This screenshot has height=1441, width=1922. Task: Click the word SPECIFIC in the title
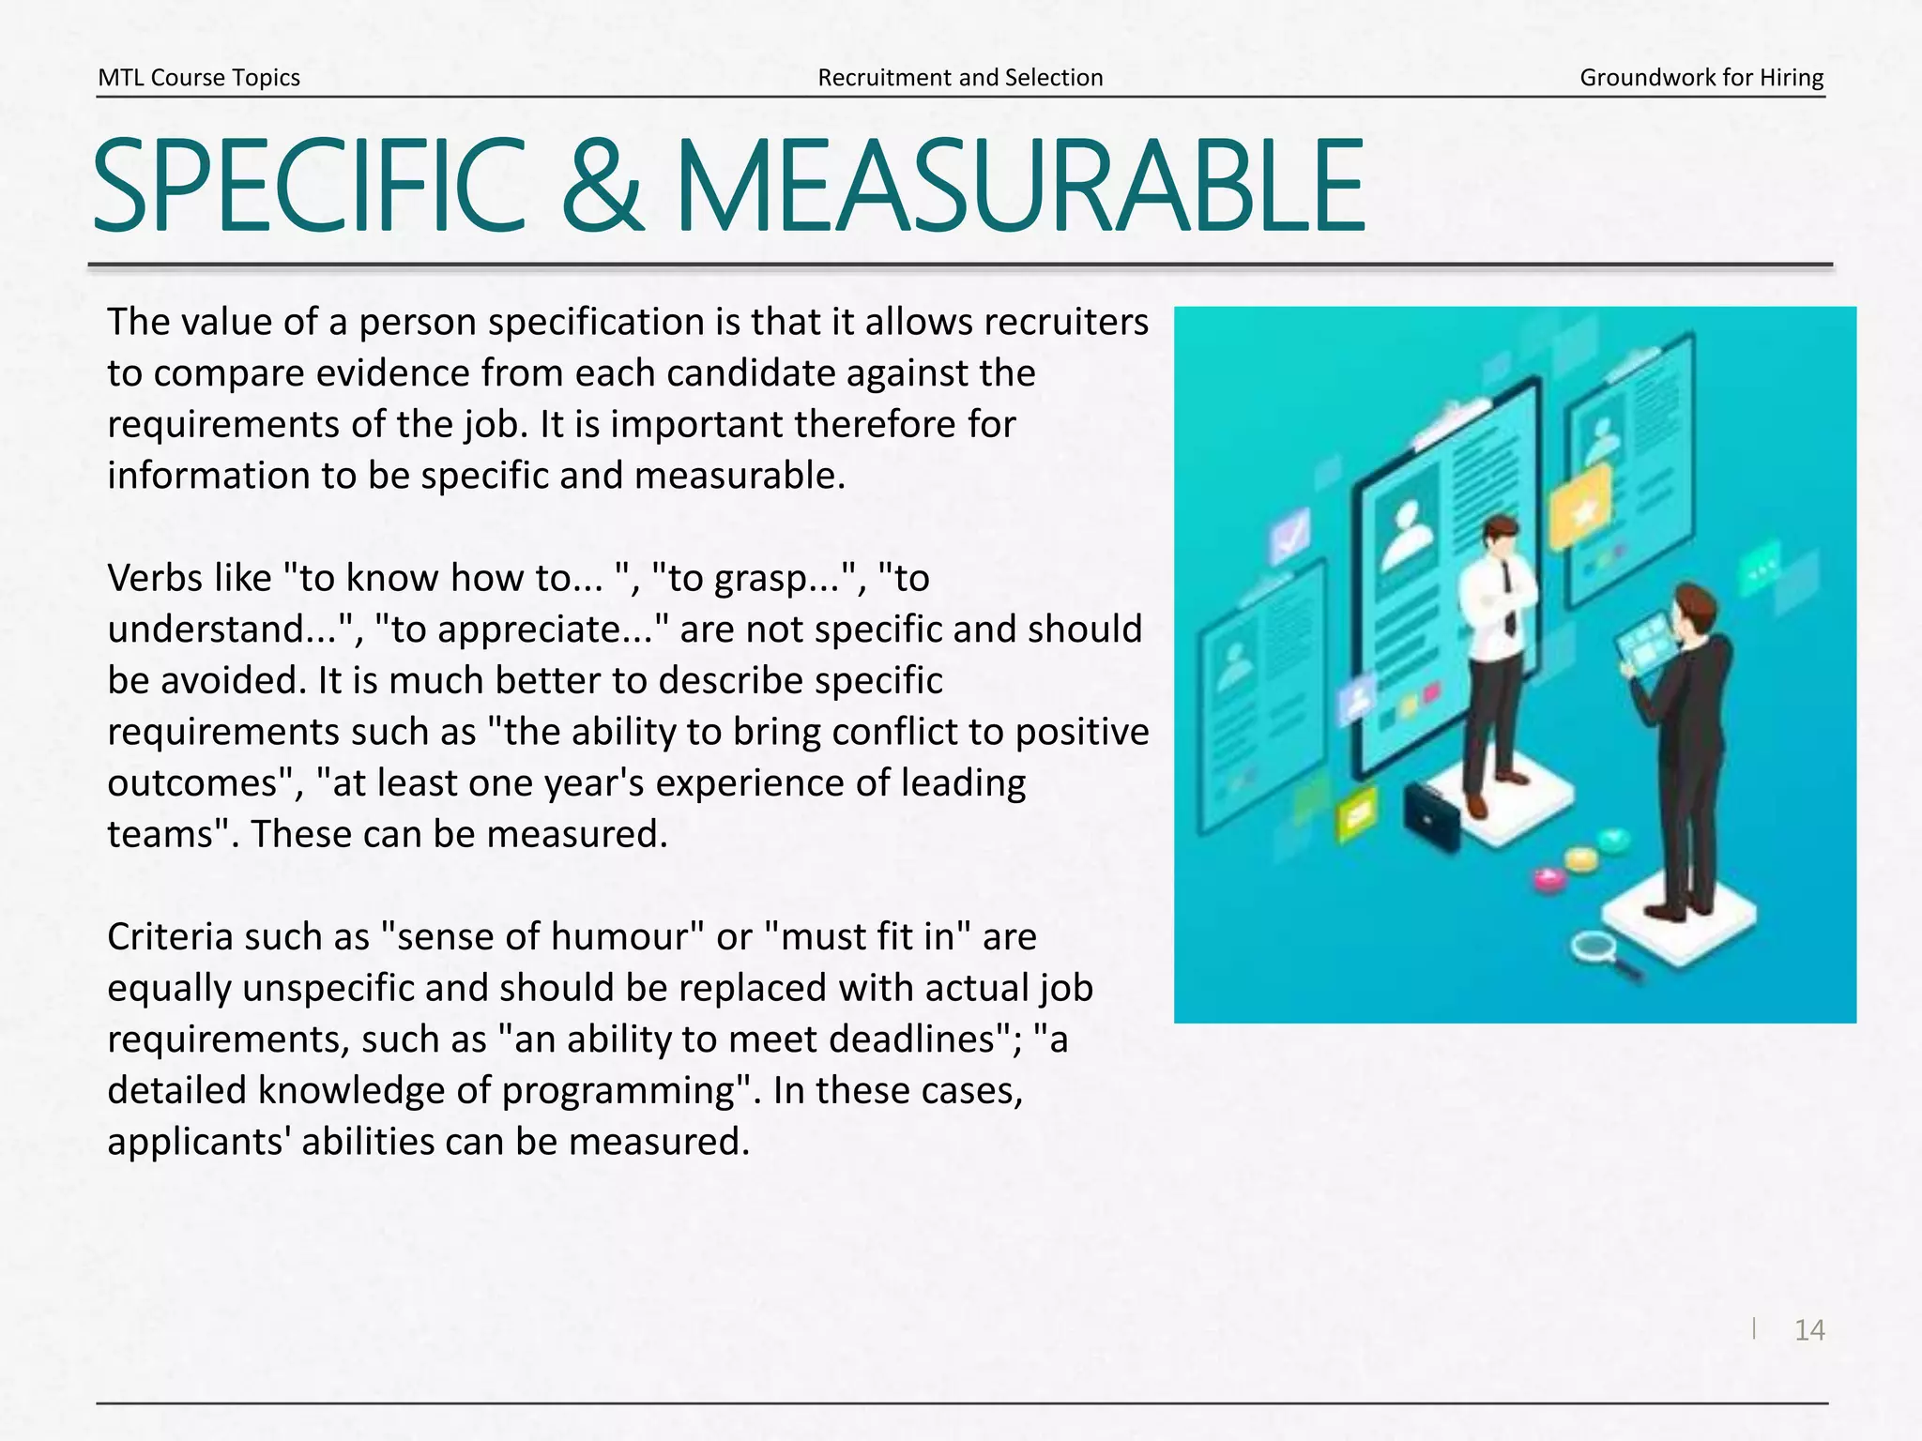coord(310,186)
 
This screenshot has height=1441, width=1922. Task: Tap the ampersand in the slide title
coord(602,186)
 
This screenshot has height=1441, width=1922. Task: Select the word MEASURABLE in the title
coord(1019,186)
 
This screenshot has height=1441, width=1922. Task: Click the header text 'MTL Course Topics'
coord(199,78)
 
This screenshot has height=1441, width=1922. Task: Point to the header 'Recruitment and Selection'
coord(960,78)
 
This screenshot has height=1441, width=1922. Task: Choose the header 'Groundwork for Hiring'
coord(1701,78)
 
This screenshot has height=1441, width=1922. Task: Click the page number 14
coord(1808,1329)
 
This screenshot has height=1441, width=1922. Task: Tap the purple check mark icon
coord(1289,536)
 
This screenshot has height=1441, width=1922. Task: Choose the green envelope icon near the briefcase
coord(1355,812)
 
